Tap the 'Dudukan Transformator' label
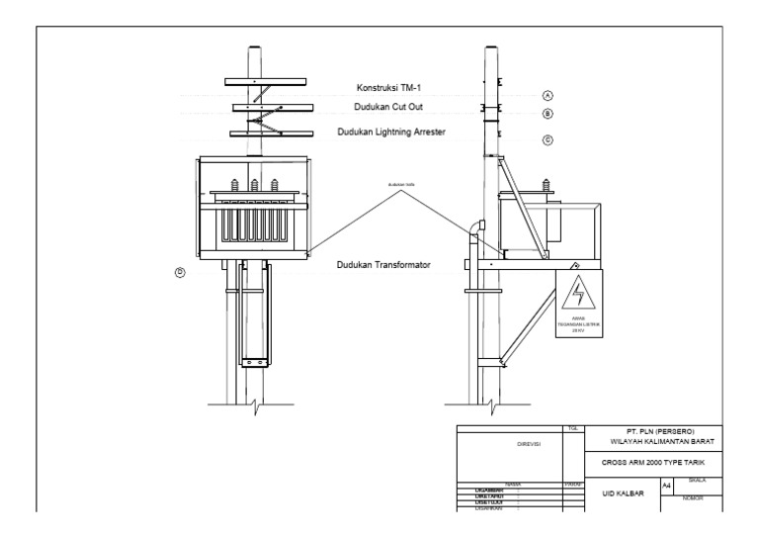tap(382, 265)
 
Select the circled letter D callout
tap(180, 273)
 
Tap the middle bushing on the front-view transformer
tap(255, 185)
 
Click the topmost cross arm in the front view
tap(255, 80)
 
